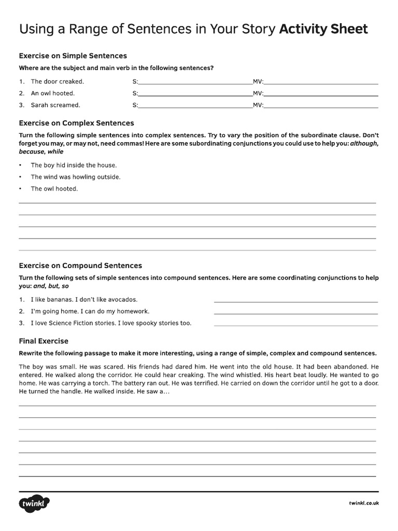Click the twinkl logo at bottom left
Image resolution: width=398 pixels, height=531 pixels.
pyautogui.click(x=34, y=504)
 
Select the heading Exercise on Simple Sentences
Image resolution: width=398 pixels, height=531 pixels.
pyautogui.click(x=73, y=55)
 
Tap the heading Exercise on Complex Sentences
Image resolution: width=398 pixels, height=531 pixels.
pyautogui.click(x=76, y=123)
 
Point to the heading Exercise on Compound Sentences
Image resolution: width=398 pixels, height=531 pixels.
pyautogui.click(x=80, y=265)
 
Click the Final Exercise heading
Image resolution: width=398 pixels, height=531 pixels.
pyautogui.click(x=44, y=341)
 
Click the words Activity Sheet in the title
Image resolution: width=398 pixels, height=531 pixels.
pyautogui.click(x=323, y=29)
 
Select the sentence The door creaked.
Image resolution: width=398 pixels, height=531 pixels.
pyautogui.click(x=57, y=81)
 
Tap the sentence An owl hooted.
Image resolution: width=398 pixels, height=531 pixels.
pyautogui.click(x=52, y=93)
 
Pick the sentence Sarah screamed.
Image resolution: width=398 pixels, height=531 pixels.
pyautogui.click(x=55, y=105)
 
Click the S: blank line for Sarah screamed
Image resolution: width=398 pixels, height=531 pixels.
pyautogui.click(x=195, y=106)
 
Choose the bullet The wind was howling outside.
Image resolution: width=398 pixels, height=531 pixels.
pyautogui.click(x=75, y=177)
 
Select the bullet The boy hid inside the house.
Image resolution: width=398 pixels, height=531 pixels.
pyautogui.click(x=74, y=165)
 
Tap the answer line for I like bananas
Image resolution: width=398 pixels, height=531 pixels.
pyautogui.click(x=295, y=301)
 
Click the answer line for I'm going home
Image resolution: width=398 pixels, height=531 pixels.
pyautogui.click(x=295, y=313)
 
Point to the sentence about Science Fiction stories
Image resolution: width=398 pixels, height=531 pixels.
pyautogui.click(x=111, y=323)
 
